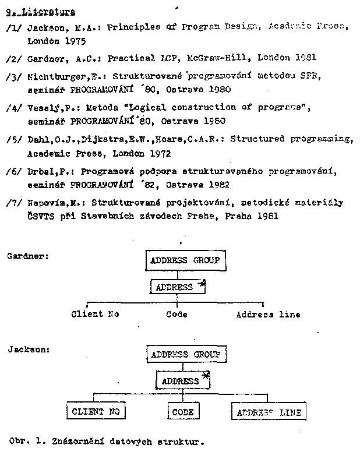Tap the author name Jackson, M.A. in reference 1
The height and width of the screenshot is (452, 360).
point(53,27)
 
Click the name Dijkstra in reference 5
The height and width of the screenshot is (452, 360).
point(102,139)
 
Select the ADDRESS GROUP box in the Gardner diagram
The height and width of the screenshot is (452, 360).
point(185,260)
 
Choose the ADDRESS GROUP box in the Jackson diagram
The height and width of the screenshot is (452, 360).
point(185,354)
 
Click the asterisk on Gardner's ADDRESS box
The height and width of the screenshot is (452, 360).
point(202,284)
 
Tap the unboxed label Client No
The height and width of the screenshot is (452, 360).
point(95,315)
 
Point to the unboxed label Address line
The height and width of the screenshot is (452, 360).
point(268,315)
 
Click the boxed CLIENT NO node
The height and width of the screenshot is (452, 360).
point(96,412)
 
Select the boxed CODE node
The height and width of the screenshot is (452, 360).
point(183,412)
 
